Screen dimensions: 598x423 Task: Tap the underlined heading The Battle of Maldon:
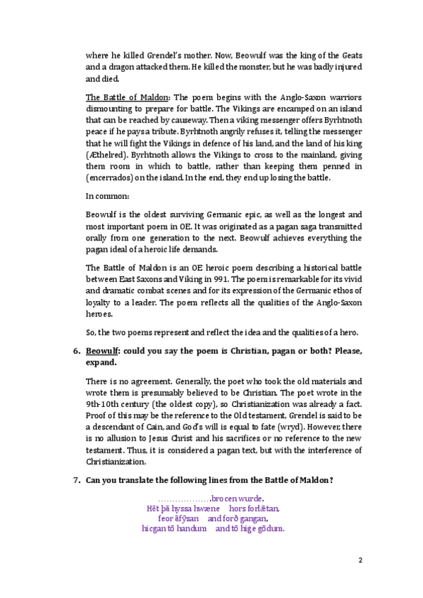click(128, 97)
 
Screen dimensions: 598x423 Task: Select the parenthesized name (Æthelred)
click(106, 154)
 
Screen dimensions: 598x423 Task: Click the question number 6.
click(77, 351)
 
